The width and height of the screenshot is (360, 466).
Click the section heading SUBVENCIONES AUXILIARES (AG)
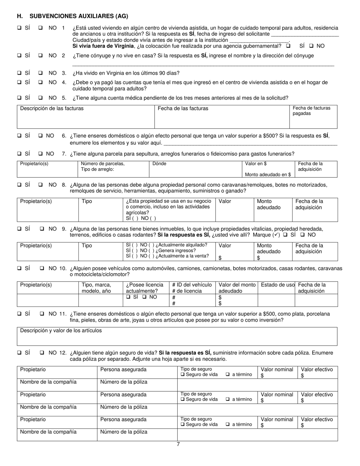click(79, 16)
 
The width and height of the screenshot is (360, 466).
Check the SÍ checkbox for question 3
click(19, 73)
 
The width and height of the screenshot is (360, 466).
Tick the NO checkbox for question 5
click(41, 98)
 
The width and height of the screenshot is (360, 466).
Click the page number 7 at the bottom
click(178, 444)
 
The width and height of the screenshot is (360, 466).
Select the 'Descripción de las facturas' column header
click(52, 108)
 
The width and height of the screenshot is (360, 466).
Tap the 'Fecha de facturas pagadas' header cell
click(311, 111)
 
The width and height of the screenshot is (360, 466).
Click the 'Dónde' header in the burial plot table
click(159, 164)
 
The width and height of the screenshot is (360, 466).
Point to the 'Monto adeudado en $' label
click(268, 175)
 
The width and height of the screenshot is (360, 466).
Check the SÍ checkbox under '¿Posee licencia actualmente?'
click(128, 297)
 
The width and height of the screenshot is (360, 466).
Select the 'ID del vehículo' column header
click(192, 285)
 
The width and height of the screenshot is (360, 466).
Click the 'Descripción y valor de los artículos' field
click(61, 330)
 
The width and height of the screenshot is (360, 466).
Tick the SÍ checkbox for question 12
click(19, 353)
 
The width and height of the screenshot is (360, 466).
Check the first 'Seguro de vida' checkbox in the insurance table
click(183, 375)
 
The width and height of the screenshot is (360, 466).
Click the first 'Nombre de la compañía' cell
click(48, 382)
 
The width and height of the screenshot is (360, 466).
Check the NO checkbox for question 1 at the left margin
click(41, 28)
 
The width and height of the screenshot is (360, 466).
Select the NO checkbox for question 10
click(42, 269)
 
